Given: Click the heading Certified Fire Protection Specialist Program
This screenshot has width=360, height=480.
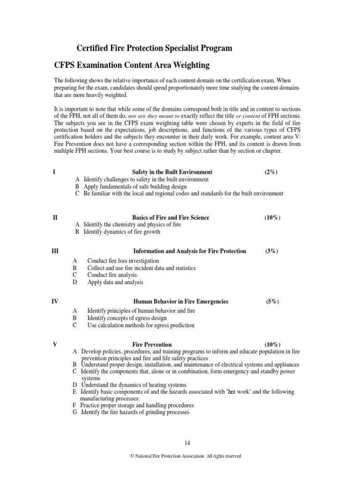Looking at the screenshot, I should [154, 48].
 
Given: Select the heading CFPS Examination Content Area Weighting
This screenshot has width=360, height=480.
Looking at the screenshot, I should [143, 64].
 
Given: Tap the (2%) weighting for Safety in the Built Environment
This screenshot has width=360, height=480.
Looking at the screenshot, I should [271, 172].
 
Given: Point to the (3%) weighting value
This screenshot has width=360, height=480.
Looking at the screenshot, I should [271, 251].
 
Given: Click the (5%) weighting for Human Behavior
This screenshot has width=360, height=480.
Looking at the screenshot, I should [272, 301].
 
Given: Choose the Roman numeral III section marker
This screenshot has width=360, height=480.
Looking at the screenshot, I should [55, 251].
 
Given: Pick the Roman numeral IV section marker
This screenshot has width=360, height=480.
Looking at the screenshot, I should [55, 301].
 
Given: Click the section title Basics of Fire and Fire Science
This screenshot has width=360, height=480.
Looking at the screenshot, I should [171, 217].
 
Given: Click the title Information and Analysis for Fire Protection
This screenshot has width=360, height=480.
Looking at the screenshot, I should [189, 251].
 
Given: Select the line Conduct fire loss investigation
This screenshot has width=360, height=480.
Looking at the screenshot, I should [123, 261].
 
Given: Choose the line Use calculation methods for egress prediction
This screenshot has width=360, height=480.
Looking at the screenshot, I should [141, 325].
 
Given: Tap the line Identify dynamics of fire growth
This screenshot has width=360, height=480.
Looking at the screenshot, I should [121, 232].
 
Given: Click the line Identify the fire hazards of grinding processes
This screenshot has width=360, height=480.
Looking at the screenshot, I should [135, 412].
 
